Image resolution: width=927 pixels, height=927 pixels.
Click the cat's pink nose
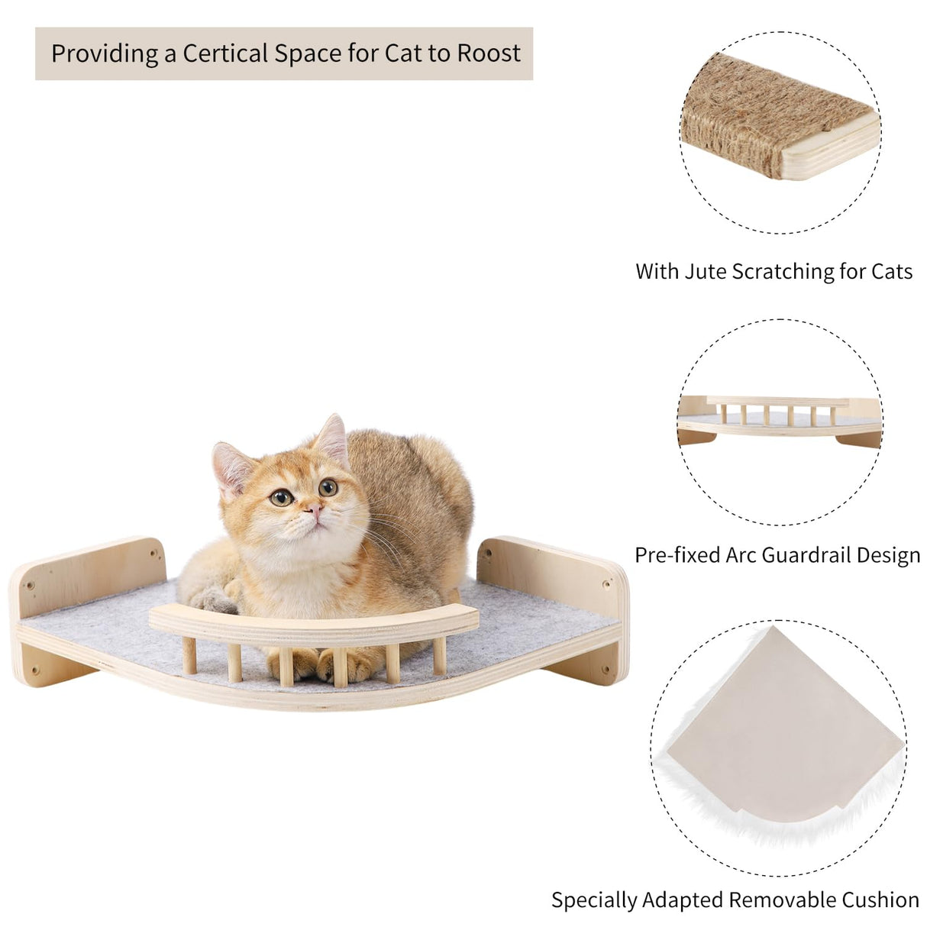point(314,508)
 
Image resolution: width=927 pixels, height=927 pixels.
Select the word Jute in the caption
point(706,272)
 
